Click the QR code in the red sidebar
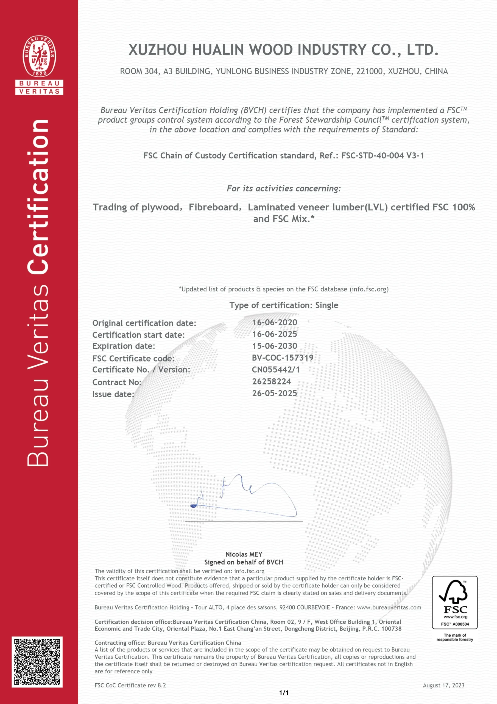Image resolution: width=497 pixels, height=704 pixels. point(37,662)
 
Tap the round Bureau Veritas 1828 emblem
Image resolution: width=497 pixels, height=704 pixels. point(39,56)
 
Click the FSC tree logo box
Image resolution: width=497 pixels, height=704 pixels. point(454,602)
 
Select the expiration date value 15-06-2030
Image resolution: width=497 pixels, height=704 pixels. point(275,346)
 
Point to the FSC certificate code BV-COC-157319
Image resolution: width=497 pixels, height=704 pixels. point(283,358)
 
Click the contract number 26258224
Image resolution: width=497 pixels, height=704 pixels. point(271,381)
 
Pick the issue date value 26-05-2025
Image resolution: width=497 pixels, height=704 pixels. point(275,394)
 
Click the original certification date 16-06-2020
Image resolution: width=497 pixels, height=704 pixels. point(275,323)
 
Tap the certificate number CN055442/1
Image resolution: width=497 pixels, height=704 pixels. point(276,370)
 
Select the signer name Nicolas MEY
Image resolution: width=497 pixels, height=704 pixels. point(244,554)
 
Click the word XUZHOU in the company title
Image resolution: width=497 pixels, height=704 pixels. point(157,50)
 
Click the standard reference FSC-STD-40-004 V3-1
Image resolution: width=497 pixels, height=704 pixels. point(382,156)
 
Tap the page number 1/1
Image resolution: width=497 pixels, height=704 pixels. point(284,693)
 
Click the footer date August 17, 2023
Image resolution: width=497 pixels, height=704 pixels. point(443,685)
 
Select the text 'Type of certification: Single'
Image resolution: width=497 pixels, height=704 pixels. point(284,306)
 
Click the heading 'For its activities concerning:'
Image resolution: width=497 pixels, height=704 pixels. point(284,189)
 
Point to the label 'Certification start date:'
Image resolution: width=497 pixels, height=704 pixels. point(138,335)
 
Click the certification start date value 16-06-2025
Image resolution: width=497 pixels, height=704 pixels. point(275,334)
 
